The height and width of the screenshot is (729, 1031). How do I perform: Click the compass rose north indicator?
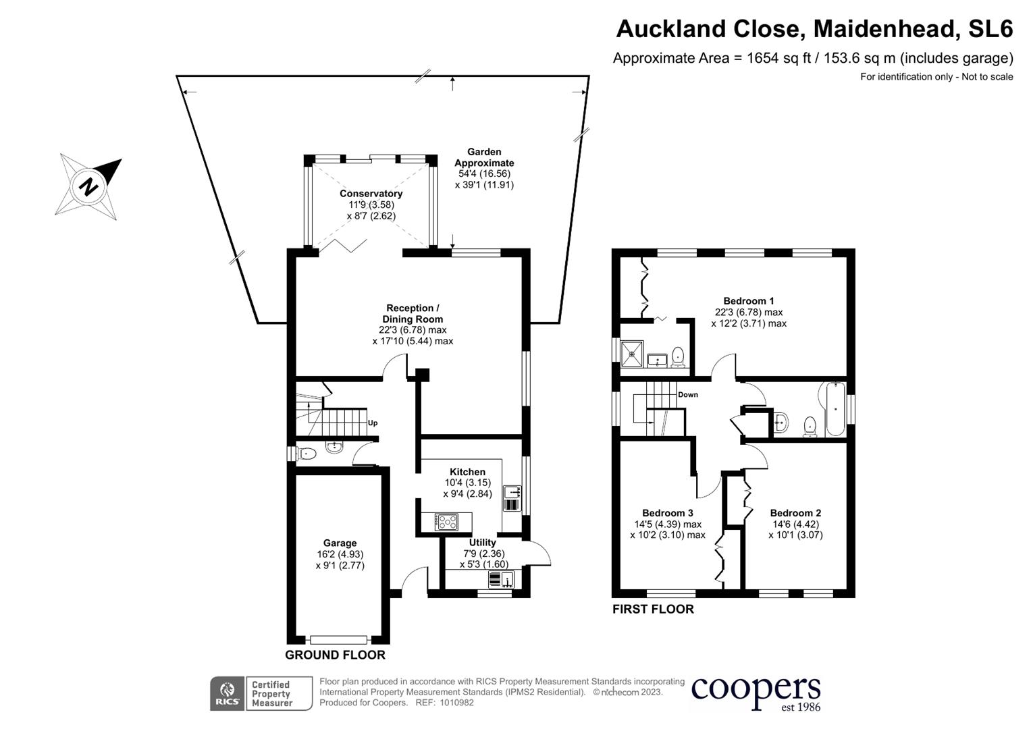88,187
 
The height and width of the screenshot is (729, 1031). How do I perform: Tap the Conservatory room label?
371,194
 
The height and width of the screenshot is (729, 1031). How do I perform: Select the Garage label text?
340,543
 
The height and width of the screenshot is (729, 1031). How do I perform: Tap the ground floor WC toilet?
307,454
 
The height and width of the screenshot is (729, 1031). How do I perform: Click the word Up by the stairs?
372,423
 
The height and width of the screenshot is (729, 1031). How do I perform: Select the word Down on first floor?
687,394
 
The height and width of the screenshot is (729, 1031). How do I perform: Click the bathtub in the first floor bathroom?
835,409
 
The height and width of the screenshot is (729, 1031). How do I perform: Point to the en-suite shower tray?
632,354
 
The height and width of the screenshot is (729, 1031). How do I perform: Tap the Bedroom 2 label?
795,513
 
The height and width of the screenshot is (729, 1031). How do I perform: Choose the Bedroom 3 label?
667,513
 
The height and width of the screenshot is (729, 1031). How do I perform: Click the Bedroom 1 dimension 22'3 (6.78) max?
748,312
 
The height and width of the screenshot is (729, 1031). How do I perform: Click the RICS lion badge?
228,693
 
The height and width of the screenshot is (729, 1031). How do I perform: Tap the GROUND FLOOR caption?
335,655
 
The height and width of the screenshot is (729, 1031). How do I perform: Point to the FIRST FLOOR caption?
653,610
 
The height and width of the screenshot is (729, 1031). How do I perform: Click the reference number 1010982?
456,703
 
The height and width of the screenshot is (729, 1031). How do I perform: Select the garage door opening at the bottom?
338,640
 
